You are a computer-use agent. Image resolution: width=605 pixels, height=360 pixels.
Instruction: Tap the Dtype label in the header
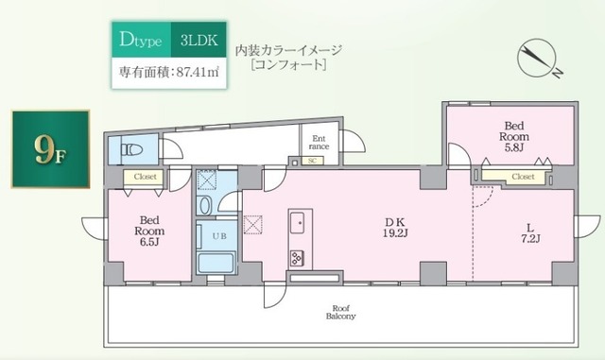pos(141,40)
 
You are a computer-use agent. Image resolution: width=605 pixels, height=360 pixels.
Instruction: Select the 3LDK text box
pos(198,40)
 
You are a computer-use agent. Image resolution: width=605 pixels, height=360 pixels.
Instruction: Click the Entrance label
pos(319,142)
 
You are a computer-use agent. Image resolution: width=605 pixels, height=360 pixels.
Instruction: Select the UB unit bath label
pos(216,234)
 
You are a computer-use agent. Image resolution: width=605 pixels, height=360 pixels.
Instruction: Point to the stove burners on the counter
pos(297,256)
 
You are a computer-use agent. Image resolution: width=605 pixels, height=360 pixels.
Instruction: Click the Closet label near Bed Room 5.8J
pos(523,177)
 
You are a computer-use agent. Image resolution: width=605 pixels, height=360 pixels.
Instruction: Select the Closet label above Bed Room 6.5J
pos(146,177)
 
